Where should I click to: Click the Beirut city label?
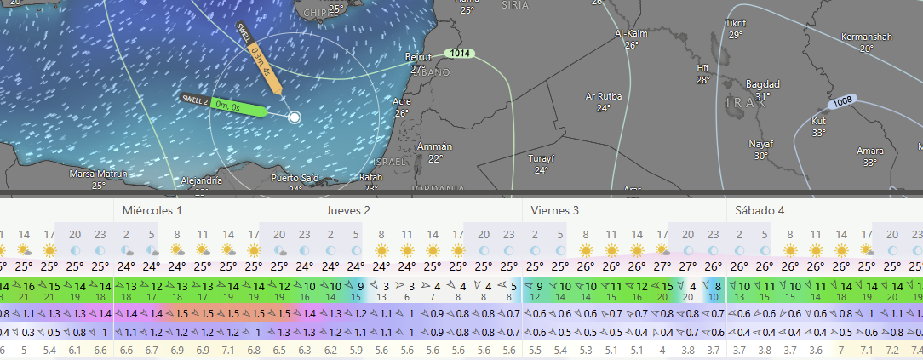[x=416, y=57]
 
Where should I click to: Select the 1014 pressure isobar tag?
[x=460, y=54]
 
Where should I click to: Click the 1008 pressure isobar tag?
[x=842, y=102]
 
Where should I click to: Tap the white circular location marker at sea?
[x=294, y=117]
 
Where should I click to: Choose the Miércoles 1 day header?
[x=152, y=210]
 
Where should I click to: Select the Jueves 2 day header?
[x=348, y=210]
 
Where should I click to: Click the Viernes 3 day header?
[x=554, y=210]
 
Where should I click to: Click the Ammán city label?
[x=435, y=147]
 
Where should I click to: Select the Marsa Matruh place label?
[x=98, y=174]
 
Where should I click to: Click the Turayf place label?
[x=541, y=159]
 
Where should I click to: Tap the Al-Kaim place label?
[x=631, y=34]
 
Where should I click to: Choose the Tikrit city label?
[x=735, y=23]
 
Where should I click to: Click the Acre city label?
[x=402, y=101]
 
